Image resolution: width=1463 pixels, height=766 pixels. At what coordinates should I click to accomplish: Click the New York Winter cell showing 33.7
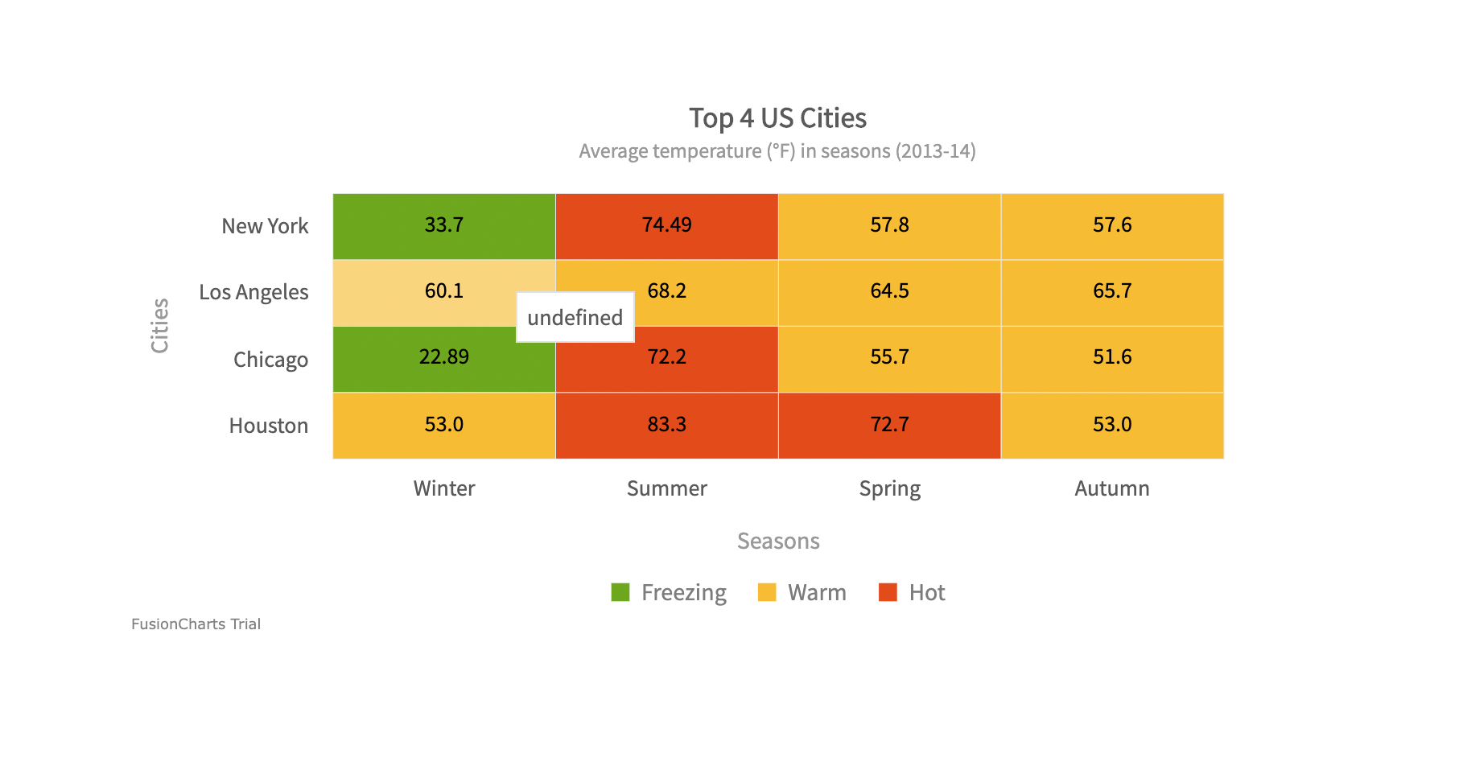click(x=444, y=226)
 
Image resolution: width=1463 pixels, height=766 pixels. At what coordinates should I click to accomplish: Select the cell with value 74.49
click(x=666, y=226)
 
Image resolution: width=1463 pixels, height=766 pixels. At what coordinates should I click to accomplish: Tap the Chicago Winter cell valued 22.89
click(x=444, y=359)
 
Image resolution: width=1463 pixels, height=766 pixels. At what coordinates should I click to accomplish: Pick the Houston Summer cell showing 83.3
click(x=666, y=425)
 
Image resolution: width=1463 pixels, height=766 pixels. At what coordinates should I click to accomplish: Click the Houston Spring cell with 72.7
click(x=889, y=425)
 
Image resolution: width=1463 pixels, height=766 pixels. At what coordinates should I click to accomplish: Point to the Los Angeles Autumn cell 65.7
click(x=1112, y=292)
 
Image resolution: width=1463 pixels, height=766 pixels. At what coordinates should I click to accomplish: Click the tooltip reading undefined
click(x=575, y=317)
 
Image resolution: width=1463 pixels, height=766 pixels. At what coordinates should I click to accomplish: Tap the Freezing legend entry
click(x=669, y=593)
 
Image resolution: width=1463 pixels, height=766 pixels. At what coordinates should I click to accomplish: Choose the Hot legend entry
click(x=913, y=593)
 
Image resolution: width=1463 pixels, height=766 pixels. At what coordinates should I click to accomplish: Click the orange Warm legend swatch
click(x=767, y=593)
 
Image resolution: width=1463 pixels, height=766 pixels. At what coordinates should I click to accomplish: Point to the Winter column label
click(x=444, y=488)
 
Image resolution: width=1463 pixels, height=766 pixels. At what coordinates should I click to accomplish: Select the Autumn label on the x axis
click(x=1112, y=488)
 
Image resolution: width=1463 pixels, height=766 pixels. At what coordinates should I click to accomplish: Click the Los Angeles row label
click(x=253, y=292)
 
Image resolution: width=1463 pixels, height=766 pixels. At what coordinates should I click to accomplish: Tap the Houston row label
click(x=268, y=426)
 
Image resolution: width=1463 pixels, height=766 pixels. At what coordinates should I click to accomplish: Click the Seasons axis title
click(x=778, y=541)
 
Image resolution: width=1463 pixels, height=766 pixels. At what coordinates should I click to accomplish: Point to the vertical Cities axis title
click(x=160, y=326)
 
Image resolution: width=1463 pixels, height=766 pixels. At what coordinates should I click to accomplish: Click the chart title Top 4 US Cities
click(x=777, y=118)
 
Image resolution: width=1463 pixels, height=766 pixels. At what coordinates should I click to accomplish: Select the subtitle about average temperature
click(x=777, y=151)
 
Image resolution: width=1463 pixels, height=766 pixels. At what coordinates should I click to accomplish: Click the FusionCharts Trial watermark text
click(x=196, y=624)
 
